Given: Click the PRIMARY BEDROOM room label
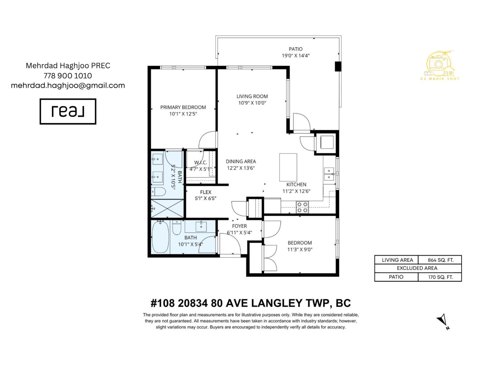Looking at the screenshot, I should pyautogui.click(x=183, y=107).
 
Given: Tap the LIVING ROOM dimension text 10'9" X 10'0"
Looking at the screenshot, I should pyautogui.click(x=252, y=103).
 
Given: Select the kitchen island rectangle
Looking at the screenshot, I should pyautogui.click(x=288, y=167).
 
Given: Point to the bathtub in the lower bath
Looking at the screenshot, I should pyautogui.click(x=160, y=237).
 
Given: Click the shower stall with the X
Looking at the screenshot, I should pyautogui.click(x=167, y=208).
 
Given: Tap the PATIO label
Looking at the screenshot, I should pyautogui.click(x=296, y=49).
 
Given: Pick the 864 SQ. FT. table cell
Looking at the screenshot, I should pyautogui.click(x=440, y=260).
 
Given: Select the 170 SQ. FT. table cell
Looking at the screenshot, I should pyautogui.click(x=440, y=277).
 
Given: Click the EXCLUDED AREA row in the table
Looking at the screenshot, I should pyautogui.click(x=417, y=268).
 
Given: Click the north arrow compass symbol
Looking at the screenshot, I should pyautogui.click(x=443, y=321).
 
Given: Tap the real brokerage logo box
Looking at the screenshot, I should pyautogui.click(x=68, y=111).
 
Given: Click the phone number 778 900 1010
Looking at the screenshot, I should pyautogui.click(x=68, y=76).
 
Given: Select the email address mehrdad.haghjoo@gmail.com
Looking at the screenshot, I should pyautogui.click(x=68, y=85).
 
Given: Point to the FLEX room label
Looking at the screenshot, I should pyautogui.click(x=206, y=192).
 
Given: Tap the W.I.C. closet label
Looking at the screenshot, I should pyautogui.click(x=200, y=162).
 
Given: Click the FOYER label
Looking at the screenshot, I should pyautogui.click(x=239, y=226).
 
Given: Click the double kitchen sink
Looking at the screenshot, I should pyautogui.click(x=329, y=174).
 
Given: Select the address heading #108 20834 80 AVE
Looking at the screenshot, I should pyautogui.click(x=251, y=303).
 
